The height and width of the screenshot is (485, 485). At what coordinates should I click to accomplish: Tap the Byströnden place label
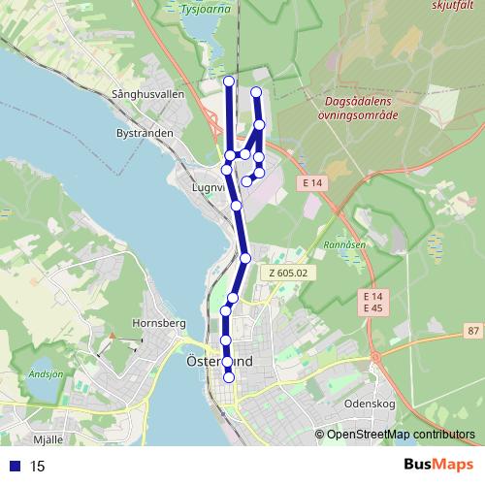pos(145,132)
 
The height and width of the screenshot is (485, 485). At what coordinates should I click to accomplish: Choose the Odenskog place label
pos(369,403)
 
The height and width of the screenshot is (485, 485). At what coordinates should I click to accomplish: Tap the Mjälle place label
pos(48,438)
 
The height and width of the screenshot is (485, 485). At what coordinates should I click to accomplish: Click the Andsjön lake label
pos(46,373)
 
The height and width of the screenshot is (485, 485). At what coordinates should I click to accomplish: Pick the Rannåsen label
pos(344,245)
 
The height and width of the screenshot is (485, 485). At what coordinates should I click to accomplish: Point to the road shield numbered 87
pos(472,331)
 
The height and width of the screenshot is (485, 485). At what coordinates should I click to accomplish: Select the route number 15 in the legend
pos(37,466)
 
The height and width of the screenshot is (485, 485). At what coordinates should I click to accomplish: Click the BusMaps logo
pos(438,465)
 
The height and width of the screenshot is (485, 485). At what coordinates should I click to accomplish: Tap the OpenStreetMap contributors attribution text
pos(401,434)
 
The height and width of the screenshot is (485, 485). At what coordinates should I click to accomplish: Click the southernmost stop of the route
pos(229,377)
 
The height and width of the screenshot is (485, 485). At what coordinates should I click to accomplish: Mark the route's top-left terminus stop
pos(229,81)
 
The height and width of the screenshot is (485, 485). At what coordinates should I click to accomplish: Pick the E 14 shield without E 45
pos(310,181)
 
